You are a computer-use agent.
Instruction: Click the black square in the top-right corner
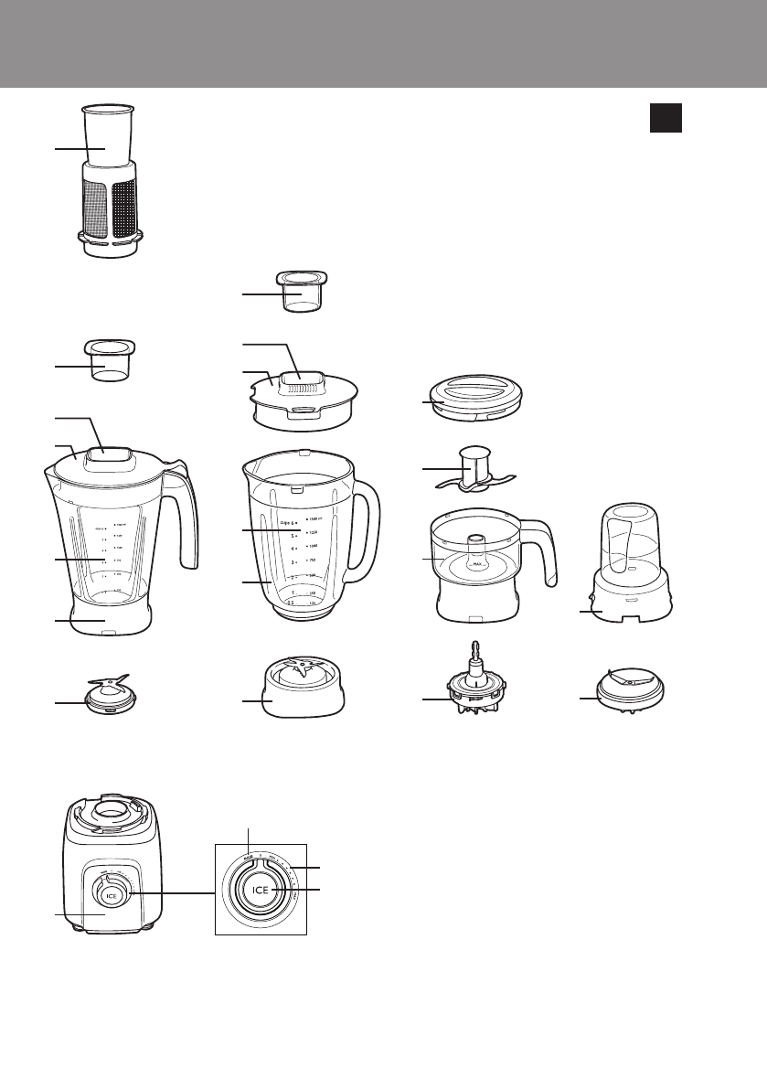666,117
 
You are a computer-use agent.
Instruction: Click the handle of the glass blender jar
368,530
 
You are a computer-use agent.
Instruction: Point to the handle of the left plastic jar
186,517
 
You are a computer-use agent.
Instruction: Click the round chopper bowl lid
473,399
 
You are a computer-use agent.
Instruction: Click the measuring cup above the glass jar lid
301,291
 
